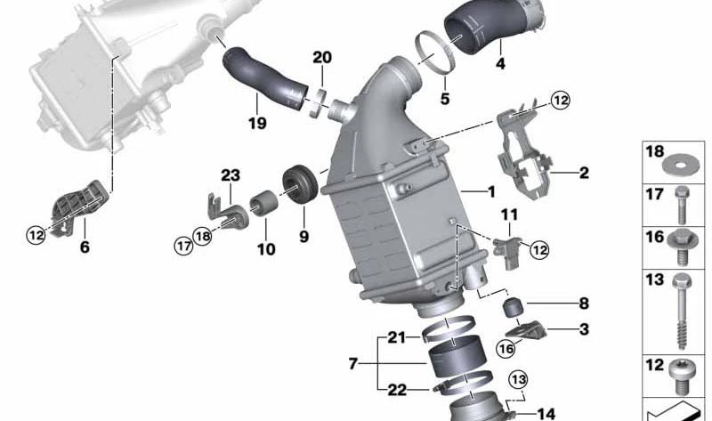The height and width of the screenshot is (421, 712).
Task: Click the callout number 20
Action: (322, 57)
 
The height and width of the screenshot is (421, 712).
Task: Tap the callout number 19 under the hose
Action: (257, 123)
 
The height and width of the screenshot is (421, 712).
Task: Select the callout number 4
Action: (500, 63)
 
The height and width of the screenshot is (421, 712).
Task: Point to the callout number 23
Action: (231, 174)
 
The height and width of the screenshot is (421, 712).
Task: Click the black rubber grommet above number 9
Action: (300, 183)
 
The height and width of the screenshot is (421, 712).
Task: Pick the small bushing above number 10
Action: (264, 204)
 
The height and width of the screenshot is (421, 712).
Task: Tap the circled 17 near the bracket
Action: (184, 246)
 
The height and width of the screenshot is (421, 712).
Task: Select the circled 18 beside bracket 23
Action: (202, 236)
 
